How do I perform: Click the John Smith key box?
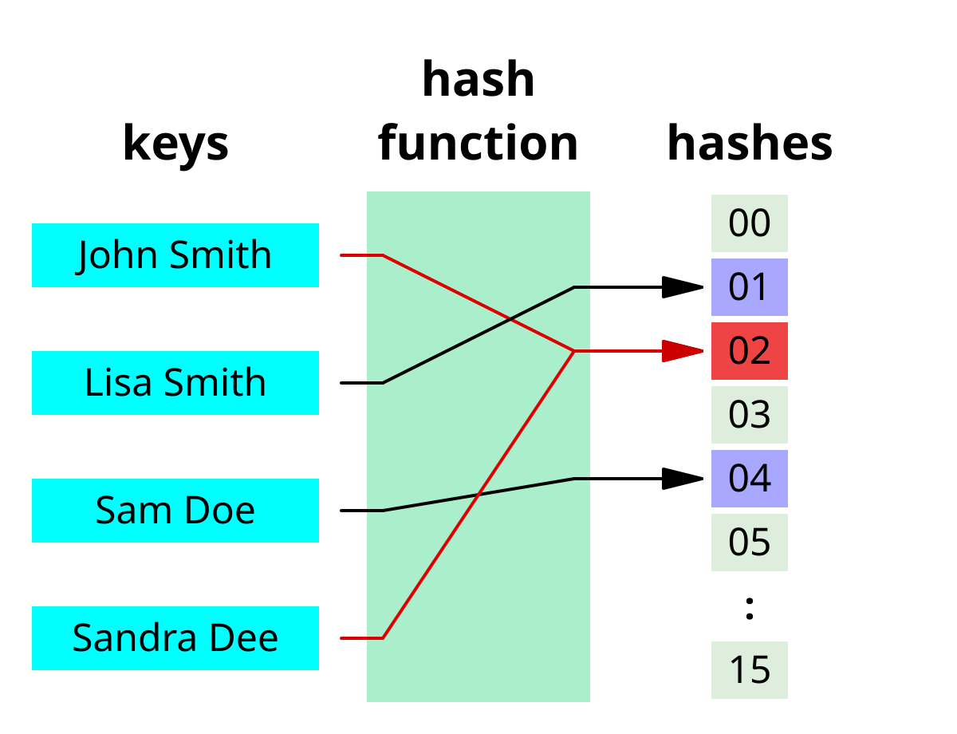click(x=175, y=255)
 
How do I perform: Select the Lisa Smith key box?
click(x=175, y=383)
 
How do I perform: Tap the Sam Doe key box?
click(x=175, y=511)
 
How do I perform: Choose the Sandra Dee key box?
click(x=175, y=638)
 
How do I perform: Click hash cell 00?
click(x=749, y=223)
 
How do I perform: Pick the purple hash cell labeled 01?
click(x=749, y=287)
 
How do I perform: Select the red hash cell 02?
click(x=749, y=351)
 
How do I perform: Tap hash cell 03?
click(x=749, y=415)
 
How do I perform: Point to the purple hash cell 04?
click(x=749, y=479)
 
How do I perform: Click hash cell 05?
click(x=749, y=543)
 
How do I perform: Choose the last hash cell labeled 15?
click(x=749, y=670)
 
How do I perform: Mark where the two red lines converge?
click(x=574, y=351)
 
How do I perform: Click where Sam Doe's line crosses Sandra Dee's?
click(x=478, y=495)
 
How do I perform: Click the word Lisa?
click(x=112, y=383)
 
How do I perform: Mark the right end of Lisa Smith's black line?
click(x=589, y=287)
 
